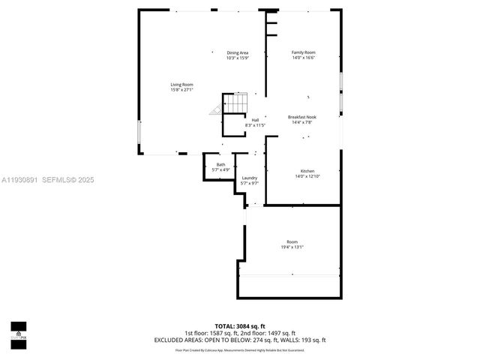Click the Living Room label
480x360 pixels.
181,85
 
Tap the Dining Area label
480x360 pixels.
238,52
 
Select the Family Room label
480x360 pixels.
303,52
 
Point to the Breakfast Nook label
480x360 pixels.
302,116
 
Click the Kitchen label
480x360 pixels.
307,171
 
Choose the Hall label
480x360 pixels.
255,120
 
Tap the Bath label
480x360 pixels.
220,165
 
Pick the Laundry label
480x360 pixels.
249,178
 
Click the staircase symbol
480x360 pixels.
234,103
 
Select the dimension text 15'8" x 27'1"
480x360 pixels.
181,90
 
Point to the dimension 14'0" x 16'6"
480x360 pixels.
303,58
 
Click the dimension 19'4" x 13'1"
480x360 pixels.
292,247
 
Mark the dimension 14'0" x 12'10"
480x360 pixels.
307,176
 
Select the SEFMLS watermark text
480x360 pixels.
67,180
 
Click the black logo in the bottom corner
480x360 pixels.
18,331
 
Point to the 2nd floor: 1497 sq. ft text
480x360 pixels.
271,333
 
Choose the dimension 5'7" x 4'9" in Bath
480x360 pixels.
220,170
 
